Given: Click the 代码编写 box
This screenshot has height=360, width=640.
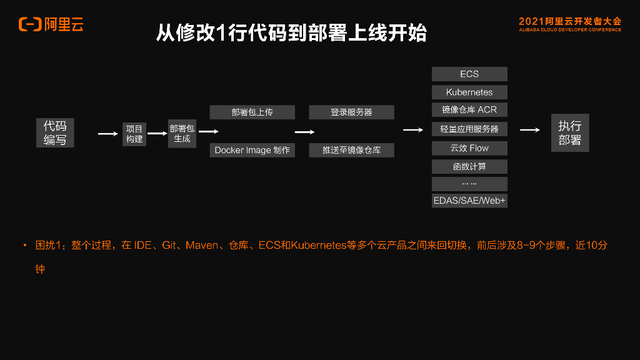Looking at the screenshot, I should (55, 132).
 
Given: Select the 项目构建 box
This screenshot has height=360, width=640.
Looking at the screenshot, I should (134, 134).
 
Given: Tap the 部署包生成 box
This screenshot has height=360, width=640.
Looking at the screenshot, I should (182, 133).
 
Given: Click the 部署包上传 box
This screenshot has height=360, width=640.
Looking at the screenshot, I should (252, 112).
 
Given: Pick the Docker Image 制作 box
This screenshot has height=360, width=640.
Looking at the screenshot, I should (252, 150).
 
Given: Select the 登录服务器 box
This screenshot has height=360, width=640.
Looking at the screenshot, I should (351, 112).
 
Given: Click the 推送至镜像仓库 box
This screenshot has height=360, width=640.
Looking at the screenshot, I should (351, 150).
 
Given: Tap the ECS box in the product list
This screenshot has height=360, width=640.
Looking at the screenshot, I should (469, 74).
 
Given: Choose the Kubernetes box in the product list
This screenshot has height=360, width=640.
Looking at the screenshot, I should (469, 92).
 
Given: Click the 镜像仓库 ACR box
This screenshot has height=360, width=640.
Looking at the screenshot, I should (469, 109).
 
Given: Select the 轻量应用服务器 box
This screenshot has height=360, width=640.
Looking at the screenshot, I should (469, 129).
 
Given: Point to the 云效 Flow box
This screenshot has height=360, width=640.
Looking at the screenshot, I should (469, 148).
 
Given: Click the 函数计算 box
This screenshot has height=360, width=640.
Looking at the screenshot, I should (469, 166).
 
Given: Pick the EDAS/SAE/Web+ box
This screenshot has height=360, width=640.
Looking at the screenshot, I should (469, 201).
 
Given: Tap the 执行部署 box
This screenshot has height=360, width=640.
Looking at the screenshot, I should (569, 133).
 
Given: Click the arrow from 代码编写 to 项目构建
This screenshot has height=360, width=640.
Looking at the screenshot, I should (107, 133).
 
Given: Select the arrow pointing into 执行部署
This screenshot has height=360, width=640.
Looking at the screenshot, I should (529, 130).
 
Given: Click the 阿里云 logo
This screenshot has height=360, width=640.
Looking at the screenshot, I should (51, 24).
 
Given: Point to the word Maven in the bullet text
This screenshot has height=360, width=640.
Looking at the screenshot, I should (201, 246).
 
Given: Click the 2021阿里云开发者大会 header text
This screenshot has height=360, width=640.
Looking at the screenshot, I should (570, 21).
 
